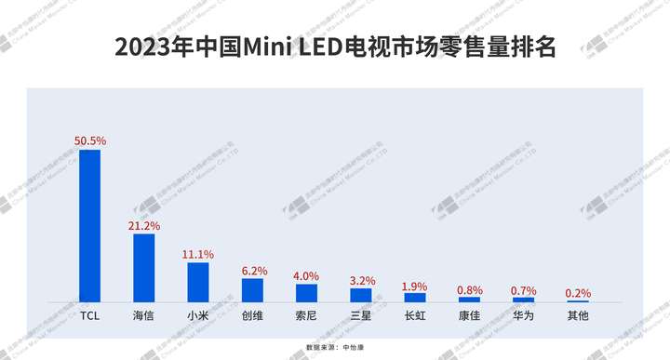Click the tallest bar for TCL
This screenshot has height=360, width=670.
[89, 225]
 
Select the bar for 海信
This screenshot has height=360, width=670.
[144, 267]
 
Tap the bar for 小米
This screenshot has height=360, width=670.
[198, 282]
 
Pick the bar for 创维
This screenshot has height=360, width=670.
[252, 290]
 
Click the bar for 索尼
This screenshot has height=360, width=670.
[306, 293]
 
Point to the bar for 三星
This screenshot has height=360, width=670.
[361, 295]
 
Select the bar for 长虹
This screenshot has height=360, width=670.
[415, 297]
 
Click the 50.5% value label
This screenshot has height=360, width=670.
[90, 140]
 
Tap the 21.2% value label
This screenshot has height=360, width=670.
[144, 225]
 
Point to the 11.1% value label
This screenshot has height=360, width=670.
[198, 254]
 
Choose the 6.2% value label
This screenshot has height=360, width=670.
[253, 270]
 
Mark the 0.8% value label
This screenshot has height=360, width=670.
[470, 290]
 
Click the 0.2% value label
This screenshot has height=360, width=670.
[578, 293]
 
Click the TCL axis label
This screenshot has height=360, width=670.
[89, 316]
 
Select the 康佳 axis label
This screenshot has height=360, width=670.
[470, 316]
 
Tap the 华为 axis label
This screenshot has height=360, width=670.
[524, 316]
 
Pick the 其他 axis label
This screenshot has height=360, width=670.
[578, 316]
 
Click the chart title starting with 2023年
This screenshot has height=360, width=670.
[335, 47]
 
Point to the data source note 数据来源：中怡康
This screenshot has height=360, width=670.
[335, 347]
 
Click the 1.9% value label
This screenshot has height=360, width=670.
[415, 286]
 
